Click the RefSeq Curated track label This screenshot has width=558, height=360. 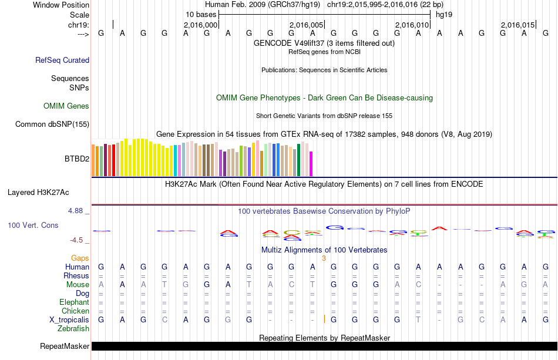coord(62,60)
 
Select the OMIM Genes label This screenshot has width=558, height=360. coord(66,106)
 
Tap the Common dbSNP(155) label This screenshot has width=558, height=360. coord(52,124)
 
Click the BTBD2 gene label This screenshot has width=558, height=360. coord(76,159)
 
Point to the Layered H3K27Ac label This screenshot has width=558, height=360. coord(38,192)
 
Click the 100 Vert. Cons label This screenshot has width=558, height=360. coord(33,225)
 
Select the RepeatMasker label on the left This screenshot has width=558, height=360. coord(65,346)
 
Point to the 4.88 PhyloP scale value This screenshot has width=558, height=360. coord(78,210)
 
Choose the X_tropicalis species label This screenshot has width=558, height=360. coord(69,319)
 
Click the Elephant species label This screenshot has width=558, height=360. coord(74,302)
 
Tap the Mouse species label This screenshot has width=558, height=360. coord(78,284)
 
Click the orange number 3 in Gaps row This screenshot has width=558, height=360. coord(324,258)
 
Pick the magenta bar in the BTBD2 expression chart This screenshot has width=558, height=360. coord(311,163)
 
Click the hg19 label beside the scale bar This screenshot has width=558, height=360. coord(443,14)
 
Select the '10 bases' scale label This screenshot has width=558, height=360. coord(201,14)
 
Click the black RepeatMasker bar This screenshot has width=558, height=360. coord(323,346)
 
